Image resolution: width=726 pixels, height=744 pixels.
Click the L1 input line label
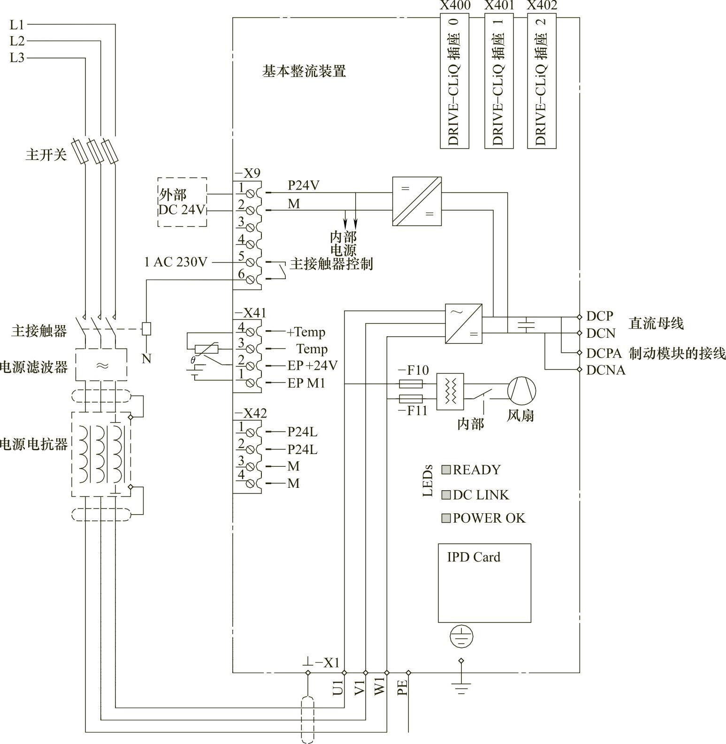pyautogui.click(x=17, y=24)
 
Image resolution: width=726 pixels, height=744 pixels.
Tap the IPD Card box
pyautogui.click(x=484, y=583)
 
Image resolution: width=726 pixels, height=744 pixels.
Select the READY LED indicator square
pyautogui.click(x=446, y=470)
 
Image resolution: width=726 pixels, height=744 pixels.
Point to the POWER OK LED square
pyautogui.click(x=446, y=518)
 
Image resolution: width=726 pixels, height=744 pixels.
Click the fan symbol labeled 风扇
pyautogui.click(x=521, y=390)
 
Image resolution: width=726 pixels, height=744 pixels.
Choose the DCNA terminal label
pyautogui.click(x=606, y=370)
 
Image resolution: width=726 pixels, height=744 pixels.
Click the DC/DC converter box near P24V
pyautogui.click(x=417, y=201)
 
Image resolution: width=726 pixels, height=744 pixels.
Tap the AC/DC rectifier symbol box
pyautogui.click(x=464, y=324)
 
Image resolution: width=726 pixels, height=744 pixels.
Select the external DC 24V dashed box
pyautogui.click(x=182, y=202)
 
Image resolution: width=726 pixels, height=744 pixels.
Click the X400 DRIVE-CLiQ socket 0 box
pyautogui.click(x=454, y=81)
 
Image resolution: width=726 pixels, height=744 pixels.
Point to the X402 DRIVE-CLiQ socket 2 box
pyautogui.click(x=542, y=81)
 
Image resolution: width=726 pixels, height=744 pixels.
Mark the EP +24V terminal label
pyautogui.click(x=313, y=366)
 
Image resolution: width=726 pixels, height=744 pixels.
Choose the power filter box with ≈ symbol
pyautogui.click(x=101, y=364)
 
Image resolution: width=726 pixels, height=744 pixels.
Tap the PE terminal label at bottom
pyautogui.click(x=403, y=688)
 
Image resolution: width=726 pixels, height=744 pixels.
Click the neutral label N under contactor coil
pyautogui.click(x=146, y=359)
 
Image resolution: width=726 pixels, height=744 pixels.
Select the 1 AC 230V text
pyautogui.click(x=176, y=262)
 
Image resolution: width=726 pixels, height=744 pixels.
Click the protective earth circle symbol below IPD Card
pyautogui.click(x=461, y=637)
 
